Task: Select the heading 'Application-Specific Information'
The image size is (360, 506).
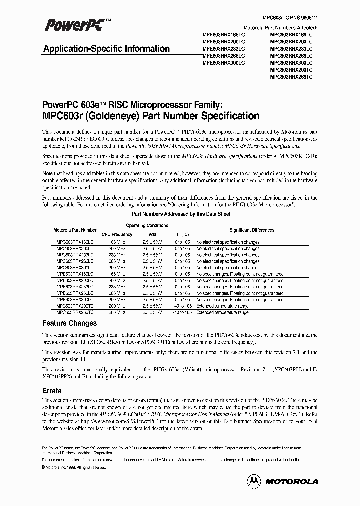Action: coord(107,49)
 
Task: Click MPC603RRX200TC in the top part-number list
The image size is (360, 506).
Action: coord(291,70)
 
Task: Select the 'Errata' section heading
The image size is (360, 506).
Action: coord(52,392)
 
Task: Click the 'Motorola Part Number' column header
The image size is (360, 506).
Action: coord(75,230)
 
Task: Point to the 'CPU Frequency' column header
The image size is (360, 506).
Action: coord(117,234)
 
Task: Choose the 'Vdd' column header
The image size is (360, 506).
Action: coord(152,234)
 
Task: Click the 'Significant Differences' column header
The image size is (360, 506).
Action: coord(251,230)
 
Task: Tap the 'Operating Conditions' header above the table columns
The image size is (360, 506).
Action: coord(147,225)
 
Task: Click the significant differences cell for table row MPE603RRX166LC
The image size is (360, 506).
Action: coord(240,274)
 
